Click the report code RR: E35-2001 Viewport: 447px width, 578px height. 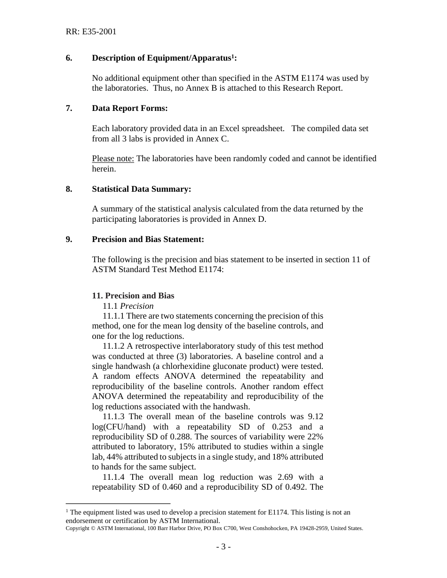[x=91, y=32]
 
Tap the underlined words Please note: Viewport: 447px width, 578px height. [x=113, y=158]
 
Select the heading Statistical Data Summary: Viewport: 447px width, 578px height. [x=141, y=189]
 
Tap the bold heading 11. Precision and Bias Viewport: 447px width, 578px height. [x=133, y=296]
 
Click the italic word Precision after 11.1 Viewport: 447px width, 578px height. [x=137, y=306]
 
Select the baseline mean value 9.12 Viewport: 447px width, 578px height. [x=315, y=416]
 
